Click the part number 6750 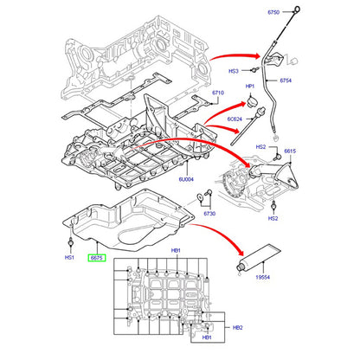tap(273, 12)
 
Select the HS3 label tap(234, 71)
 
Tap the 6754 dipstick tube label tap(286, 80)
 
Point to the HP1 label tap(250, 87)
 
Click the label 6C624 tap(235, 119)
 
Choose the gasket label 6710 tap(218, 93)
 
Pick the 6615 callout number tap(290, 151)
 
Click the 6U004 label tap(186, 179)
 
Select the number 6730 tap(209, 214)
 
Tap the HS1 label tap(69, 257)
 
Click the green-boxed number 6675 tap(97, 258)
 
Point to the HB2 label tap(238, 328)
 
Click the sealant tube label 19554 tap(263, 277)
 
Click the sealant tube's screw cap tap(240, 267)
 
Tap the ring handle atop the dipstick tap(297, 10)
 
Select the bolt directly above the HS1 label tap(70, 243)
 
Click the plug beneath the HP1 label tap(252, 102)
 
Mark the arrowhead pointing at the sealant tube tap(239, 251)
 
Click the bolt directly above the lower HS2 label tap(273, 207)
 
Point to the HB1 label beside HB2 tap(207, 337)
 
